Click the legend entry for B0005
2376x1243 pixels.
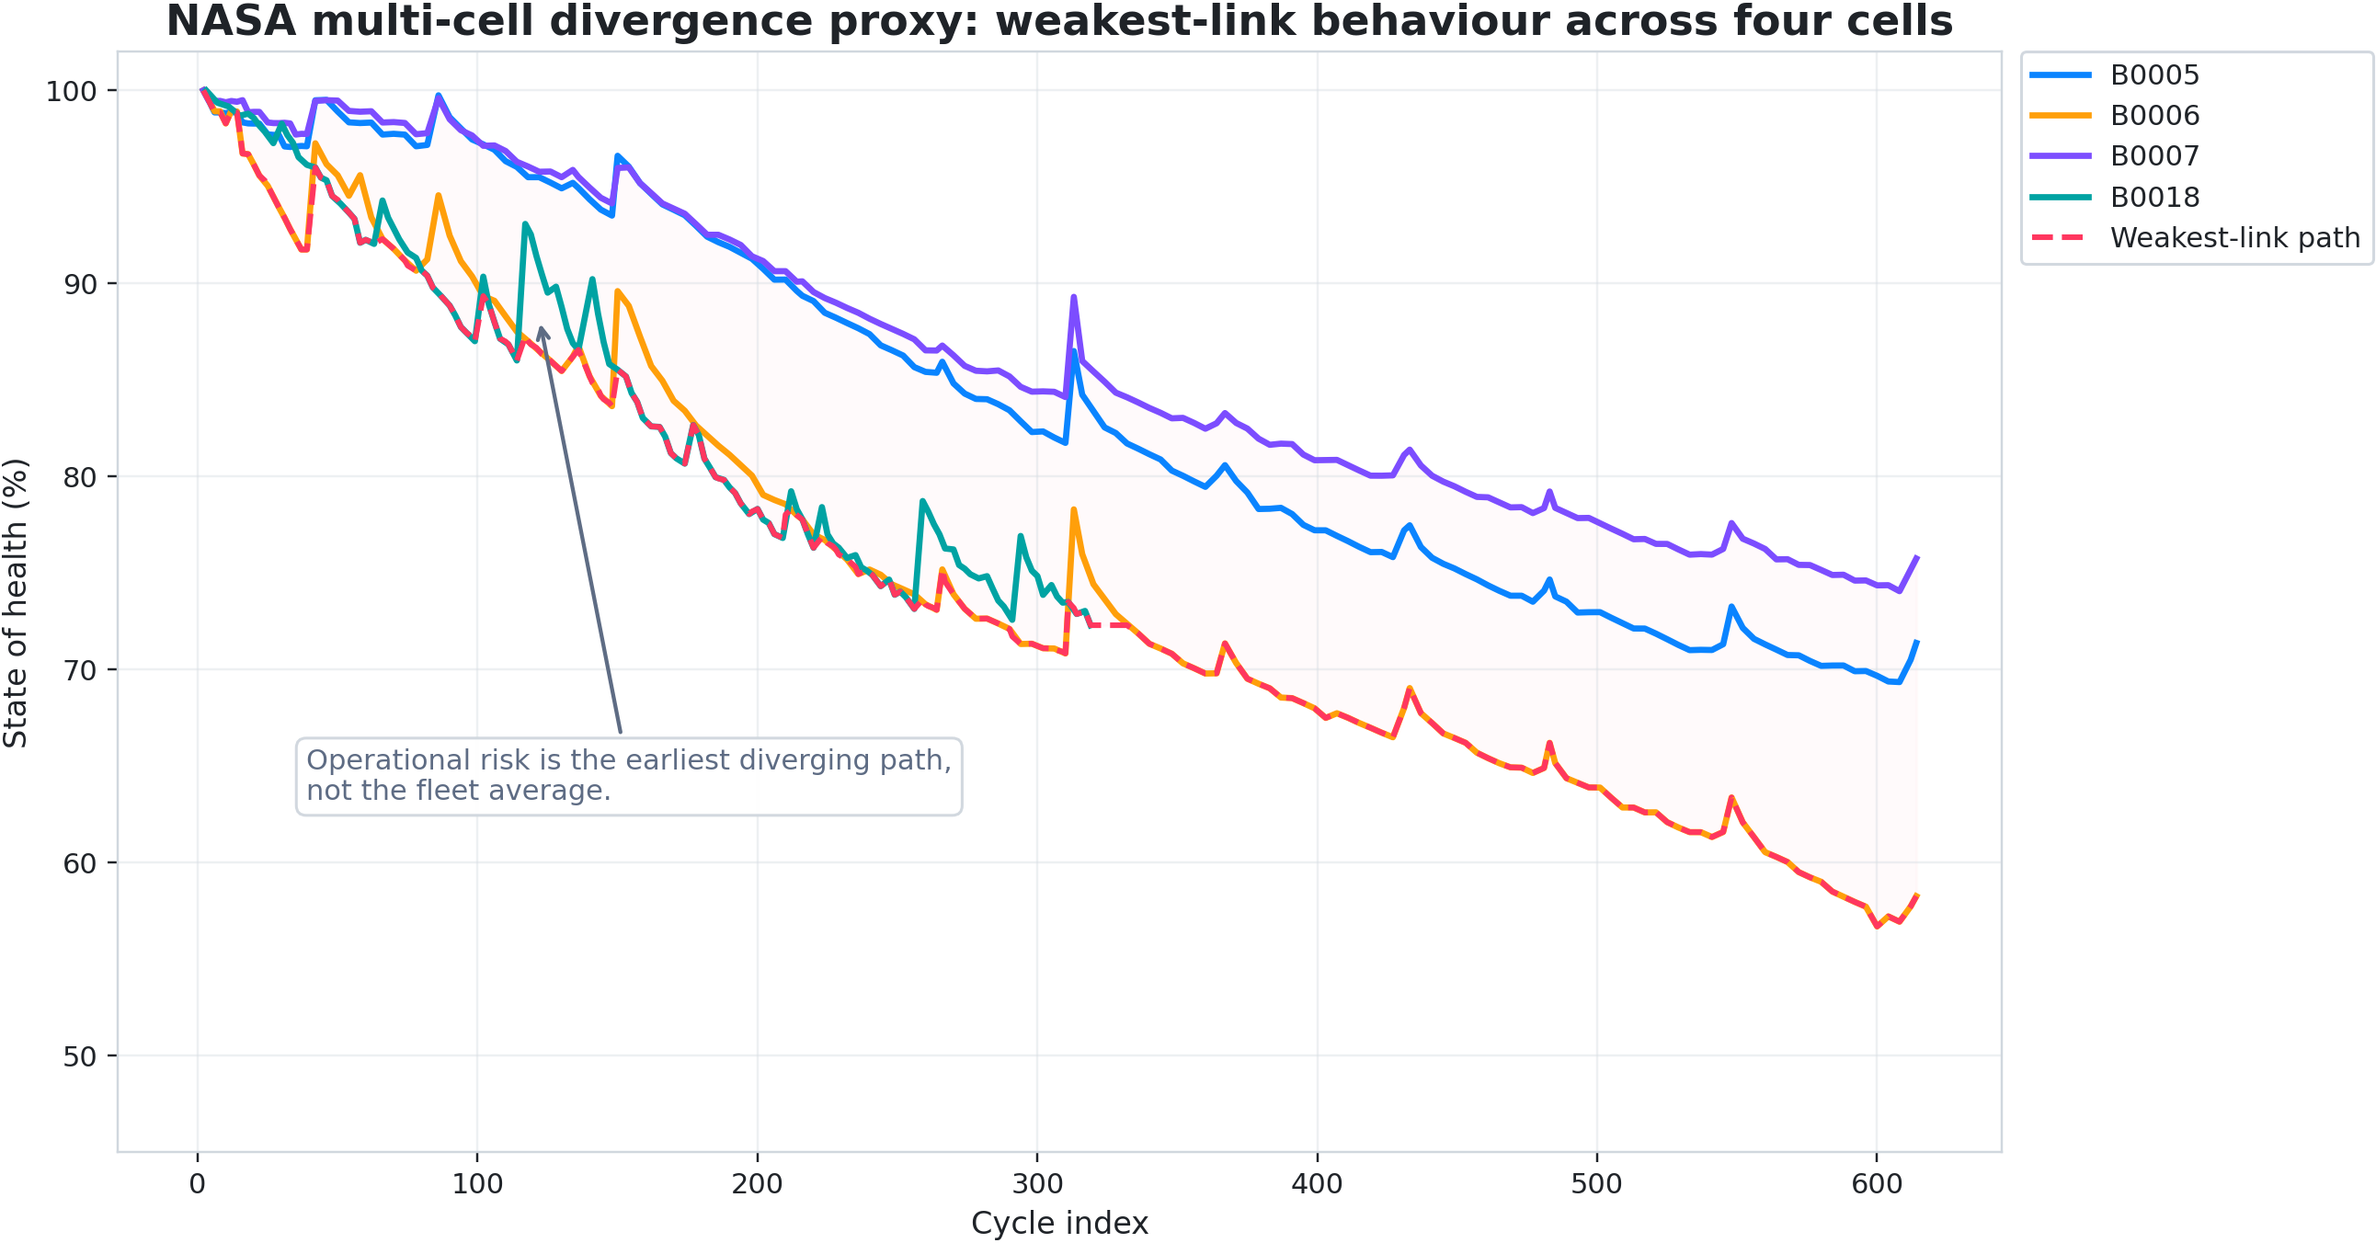(x=2153, y=75)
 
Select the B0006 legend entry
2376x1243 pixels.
(x=2153, y=116)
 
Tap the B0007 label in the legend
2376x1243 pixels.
(x=2153, y=157)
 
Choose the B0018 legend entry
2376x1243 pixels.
(x=2153, y=198)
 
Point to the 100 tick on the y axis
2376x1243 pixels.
(x=71, y=91)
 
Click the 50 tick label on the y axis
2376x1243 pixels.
(x=79, y=1056)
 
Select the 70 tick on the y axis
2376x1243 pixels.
(x=79, y=670)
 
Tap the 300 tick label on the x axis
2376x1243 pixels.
(x=1036, y=1184)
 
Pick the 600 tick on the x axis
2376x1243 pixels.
(x=1876, y=1184)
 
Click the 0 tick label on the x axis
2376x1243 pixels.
(x=198, y=1184)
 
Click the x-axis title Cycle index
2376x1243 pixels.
(x=1059, y=1224)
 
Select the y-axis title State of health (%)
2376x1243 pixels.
(x=16, y=603)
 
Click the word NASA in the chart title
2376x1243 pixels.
(x=231, y=21)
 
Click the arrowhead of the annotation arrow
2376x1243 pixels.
(x=542, y=329)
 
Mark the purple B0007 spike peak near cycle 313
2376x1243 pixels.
(x=1074, y=297)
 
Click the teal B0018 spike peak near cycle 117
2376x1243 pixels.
(x=525, y=224)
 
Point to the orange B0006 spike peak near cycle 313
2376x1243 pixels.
(x=1074, y=509)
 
